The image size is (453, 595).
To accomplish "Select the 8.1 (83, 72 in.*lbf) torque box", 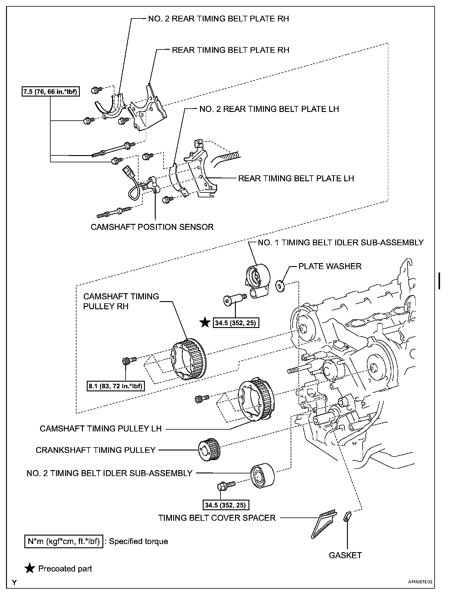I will pyautogui.click(x=115, y=386).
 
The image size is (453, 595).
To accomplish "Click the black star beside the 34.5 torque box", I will pyautogui.click(x=205, y=323).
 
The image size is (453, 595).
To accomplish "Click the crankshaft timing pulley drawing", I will pyautogui.click(x=209, y=450).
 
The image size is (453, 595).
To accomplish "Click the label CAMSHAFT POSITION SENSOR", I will pyautogui.click(x=152, y=227).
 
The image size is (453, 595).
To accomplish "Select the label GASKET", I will pyautogui.click(x=345, y=555).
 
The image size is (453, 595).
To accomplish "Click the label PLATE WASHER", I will pyautogui.click(x=330, y=266).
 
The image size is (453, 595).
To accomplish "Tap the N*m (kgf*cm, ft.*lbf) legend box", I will pyautogui.click(x=64, y=541).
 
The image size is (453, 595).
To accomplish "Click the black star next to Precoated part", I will pyautogui.click(x=30, y=569).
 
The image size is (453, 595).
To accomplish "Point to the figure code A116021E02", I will pyautogui.click(x=420, y=582).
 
